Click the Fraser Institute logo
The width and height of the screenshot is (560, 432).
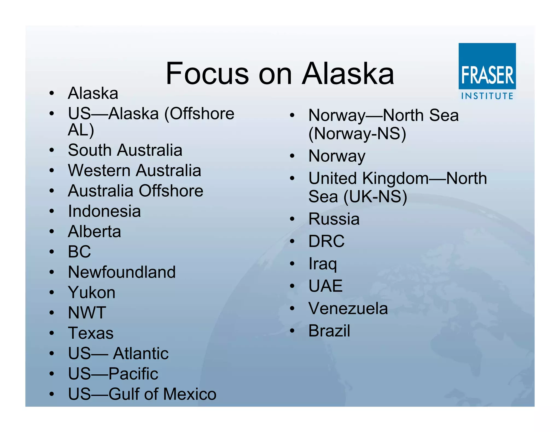487,72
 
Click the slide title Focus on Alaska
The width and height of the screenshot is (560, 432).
280,74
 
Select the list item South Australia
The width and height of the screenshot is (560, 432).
125,150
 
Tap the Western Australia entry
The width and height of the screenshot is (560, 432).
135,170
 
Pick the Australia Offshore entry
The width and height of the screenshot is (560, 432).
136,191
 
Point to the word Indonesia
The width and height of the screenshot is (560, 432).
104,211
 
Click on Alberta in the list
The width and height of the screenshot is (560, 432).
94,232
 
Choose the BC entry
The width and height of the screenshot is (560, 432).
79,251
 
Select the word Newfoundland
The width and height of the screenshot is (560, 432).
122,272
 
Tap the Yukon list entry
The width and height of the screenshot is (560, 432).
92,292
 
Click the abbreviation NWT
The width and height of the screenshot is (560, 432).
87,313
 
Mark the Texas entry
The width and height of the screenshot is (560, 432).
91,333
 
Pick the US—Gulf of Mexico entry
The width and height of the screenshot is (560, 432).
142,394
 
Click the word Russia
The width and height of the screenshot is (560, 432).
334,219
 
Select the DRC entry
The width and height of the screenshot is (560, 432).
326,241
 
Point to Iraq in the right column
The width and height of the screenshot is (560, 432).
323,264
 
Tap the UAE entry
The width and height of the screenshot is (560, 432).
325,286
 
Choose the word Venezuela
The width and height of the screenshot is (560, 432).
348,309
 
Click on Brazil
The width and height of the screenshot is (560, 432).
329,331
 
